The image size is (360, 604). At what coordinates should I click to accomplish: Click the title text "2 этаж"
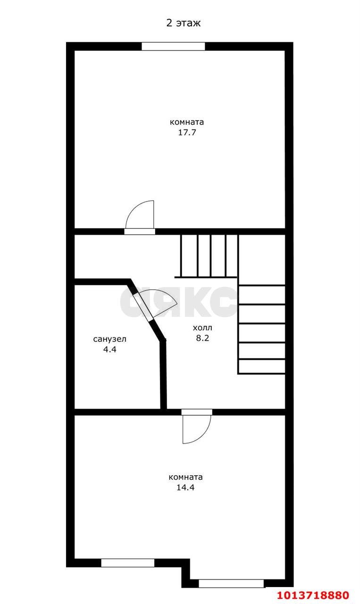click(184, 23)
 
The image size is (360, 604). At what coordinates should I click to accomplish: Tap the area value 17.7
click(187, 133)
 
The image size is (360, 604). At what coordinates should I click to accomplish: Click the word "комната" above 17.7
click(187, 122)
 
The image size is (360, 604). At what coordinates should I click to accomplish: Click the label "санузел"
click(110, 339)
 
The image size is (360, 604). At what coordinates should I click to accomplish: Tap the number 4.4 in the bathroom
click(110, 349)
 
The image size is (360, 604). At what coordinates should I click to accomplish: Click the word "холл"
click(202, 328)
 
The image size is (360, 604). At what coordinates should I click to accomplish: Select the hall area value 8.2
click(202, 338)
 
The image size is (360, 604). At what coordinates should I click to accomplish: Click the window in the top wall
click(173, 46)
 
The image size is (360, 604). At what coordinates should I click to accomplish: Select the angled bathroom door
click(143, 306)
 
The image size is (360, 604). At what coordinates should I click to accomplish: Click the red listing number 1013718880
click(313, 595)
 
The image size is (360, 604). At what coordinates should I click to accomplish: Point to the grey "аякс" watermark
click(178, 302)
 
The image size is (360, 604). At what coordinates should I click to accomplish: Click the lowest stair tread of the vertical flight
click(262, 367)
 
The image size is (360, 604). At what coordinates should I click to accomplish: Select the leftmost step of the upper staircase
click(190, 256)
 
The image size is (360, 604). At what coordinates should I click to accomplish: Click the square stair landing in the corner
click(262, 260)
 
